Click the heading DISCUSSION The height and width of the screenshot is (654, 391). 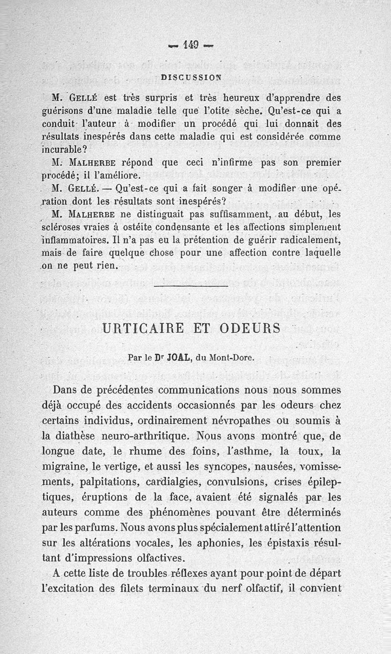[x=191, y=76]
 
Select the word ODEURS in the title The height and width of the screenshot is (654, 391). [x=250, y=328]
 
